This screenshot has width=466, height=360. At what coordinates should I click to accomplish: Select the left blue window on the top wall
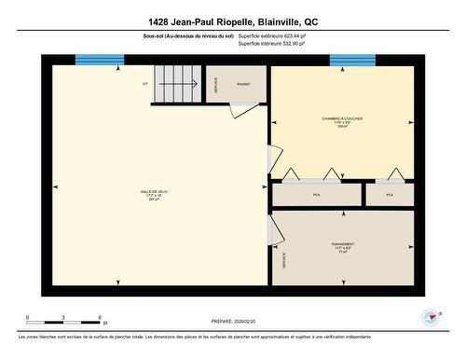100,60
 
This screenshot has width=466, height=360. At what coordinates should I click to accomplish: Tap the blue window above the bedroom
352,60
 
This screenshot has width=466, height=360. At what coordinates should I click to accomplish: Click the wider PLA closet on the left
316,194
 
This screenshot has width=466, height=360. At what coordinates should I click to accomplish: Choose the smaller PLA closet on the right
390,194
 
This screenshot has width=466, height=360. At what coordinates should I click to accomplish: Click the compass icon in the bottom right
431,317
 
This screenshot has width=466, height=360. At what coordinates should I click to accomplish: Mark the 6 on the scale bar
99,317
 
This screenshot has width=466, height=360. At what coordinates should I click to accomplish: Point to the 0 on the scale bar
28,317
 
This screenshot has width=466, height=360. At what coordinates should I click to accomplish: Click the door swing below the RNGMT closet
240,109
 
